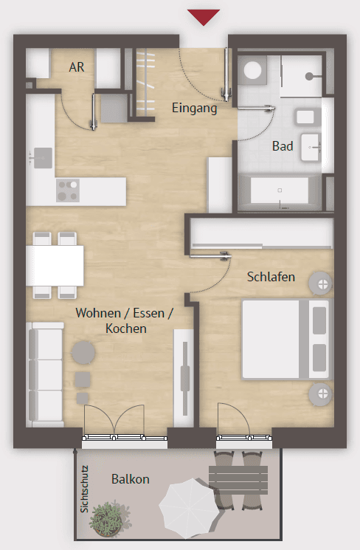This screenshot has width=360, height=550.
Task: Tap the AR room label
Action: coord(77,67)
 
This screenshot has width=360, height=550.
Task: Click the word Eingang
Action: coord(194,109)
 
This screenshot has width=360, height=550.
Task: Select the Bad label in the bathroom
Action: coord(283,146)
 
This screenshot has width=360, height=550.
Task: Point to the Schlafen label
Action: coord(271,278)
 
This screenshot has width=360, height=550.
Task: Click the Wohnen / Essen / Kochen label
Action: coord(124,320)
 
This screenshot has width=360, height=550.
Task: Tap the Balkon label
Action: coord(130,479)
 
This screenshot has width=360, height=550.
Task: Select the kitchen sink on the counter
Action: coord(41,156)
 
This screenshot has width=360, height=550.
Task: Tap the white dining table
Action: coord(55,265)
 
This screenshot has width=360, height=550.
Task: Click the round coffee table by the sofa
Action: coord(83,352)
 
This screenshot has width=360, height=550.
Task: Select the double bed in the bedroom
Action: coord(286,339)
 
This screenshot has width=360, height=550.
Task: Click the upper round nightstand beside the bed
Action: coord(321,283)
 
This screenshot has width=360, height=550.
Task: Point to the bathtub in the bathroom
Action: coord(280,192)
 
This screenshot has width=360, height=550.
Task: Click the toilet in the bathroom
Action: coord(305,117)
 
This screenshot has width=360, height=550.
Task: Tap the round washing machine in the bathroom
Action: coord(255,70)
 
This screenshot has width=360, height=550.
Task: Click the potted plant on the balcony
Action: coord(106,518)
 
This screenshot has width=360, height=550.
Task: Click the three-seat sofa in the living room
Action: coord(45,374)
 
